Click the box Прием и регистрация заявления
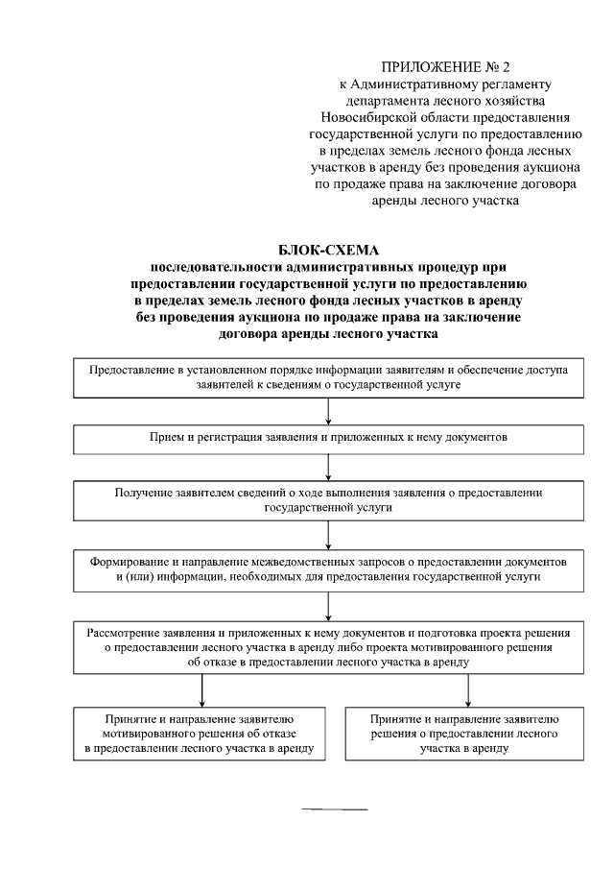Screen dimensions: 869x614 click(328, 437)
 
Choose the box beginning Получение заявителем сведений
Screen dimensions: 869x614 click(328, 499)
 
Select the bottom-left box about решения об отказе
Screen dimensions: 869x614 click(200, 735)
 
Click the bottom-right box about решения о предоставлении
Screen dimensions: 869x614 click(463, 735)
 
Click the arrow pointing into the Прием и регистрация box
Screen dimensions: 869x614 click(329, 410)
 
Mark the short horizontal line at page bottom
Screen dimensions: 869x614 click(335, 809)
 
